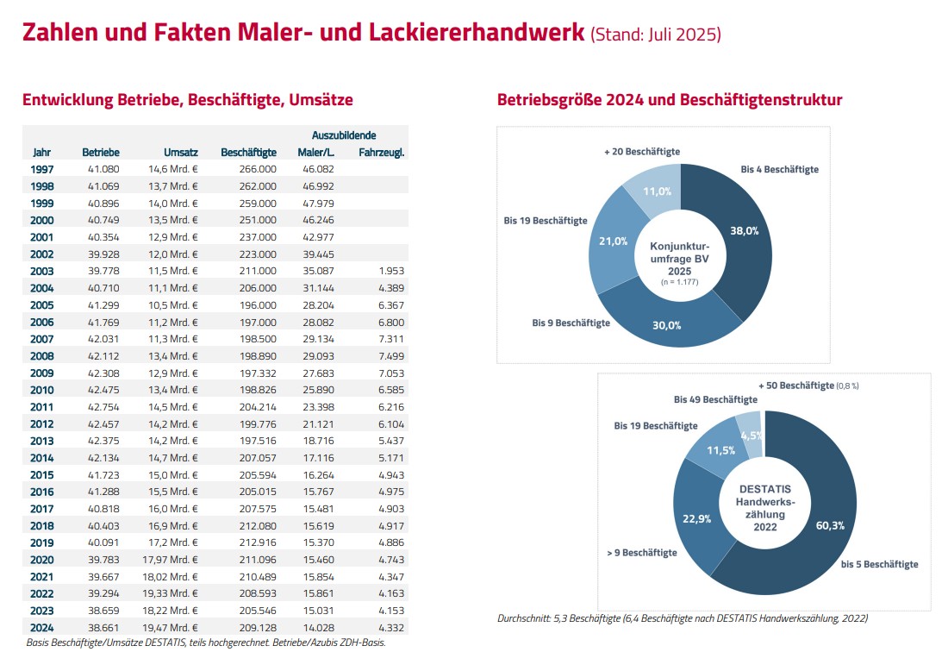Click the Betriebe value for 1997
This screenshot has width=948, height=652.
pyautogui.click(x=103, y=169)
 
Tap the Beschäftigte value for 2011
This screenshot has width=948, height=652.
pyautogui.click(x=258, y=407)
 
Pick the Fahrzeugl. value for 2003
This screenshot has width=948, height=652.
pyautogui.click(x=391, y=271)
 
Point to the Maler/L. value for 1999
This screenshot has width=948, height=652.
pyautogui.click(x=318, y=204)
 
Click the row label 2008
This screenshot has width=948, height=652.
pyautogui.click(x=41, y=356)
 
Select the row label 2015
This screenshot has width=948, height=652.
pyautogui.click(x=41, y=475)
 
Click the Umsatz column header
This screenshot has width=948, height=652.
pyautogui.click(x=181, y=153)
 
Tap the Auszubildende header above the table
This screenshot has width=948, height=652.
pyautogui.click(x=344, y=135)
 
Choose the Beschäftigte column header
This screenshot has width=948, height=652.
pyautogui.click(x=248, y=153)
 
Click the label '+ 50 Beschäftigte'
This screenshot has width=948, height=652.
pyautogui.click(x=796, y=386)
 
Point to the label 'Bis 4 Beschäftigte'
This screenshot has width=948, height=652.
pyautogui.click(x=779, y=169)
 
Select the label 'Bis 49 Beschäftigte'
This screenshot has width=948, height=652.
pyautogui.click(x=715, y=400)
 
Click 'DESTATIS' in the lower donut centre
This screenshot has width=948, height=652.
pyautogui.click(x=764, y=489)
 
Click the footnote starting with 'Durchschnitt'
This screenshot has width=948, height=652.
pyautogui.click(x=683, y=618)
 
